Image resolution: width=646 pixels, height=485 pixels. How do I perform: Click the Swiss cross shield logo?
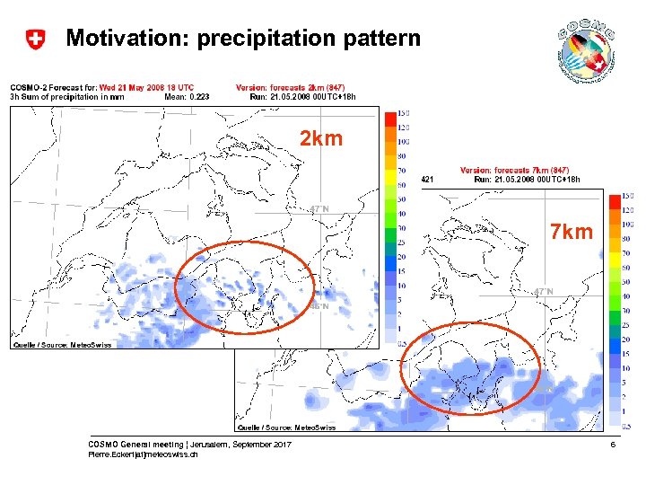35,39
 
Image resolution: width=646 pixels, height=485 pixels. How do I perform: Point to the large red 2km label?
320,140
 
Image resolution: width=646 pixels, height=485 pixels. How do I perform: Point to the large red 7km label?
572,233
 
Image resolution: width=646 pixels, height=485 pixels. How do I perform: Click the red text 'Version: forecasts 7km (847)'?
514,170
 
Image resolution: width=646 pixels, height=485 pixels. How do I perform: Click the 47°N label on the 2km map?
319,208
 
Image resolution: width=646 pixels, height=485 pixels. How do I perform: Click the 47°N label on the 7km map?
543,291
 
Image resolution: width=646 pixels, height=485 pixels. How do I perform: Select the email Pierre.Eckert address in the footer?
144,455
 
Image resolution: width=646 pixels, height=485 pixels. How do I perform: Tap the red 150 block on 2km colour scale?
389,114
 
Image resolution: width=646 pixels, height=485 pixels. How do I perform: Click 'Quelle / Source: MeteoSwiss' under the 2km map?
62,346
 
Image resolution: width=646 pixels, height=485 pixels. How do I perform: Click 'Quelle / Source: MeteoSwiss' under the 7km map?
286,428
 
